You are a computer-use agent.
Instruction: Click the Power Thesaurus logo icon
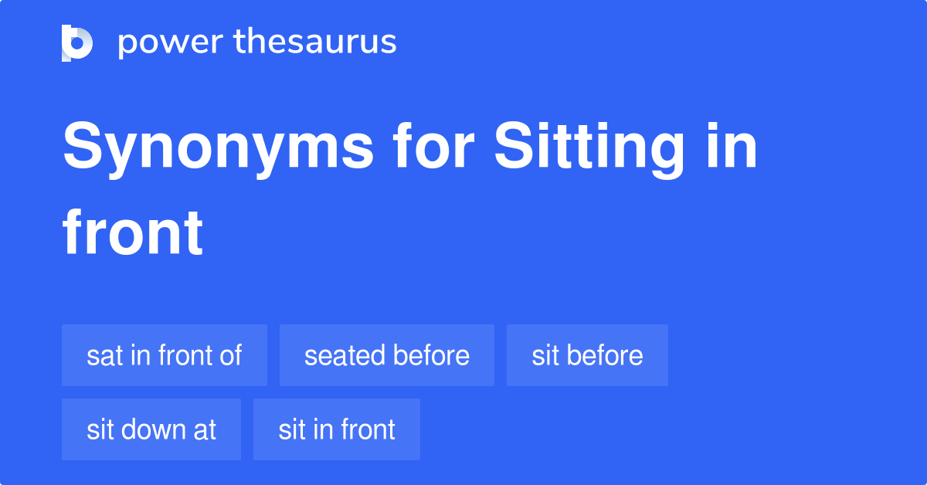coord(77,42)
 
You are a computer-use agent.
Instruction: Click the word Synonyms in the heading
coord(217,148)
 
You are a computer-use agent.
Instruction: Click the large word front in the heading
coord(133,232)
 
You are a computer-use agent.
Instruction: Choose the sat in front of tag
coord(165,355)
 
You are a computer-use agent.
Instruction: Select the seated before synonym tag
coord(386,355)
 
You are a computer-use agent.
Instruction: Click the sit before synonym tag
coord(587,355)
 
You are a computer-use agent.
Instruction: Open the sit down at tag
coord(151,429)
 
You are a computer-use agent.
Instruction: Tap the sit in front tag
coord(337,429)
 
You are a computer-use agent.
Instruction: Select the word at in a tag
coord(205,430)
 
